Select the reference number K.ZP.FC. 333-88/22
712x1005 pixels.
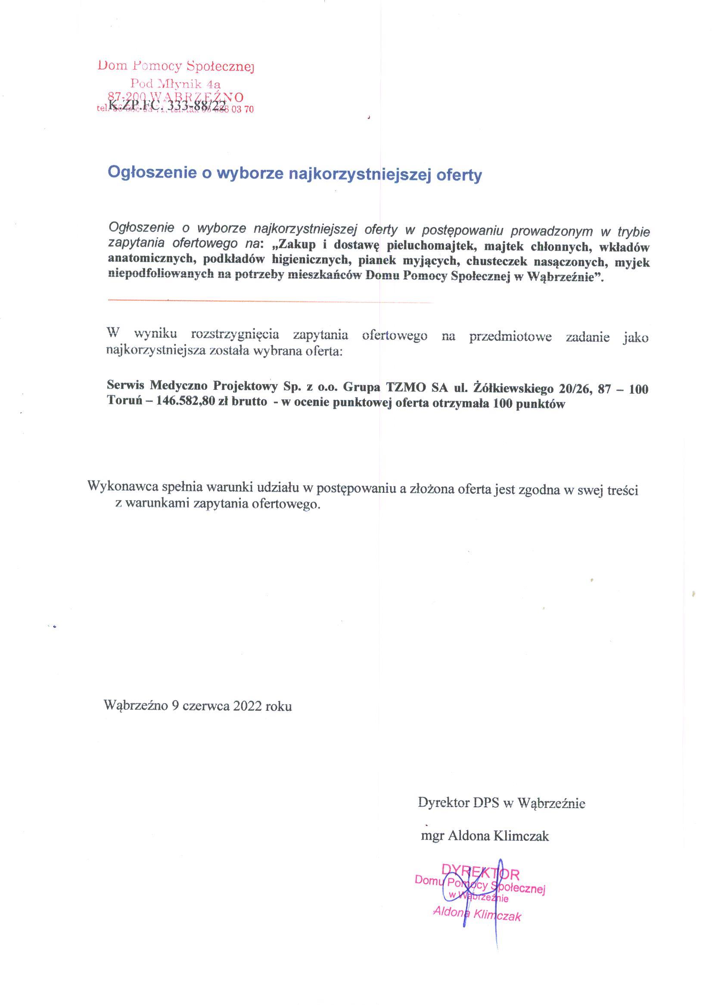pos(168,105)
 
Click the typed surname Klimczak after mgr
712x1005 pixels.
pos(521,836)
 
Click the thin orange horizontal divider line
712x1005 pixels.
pos(270,301)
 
